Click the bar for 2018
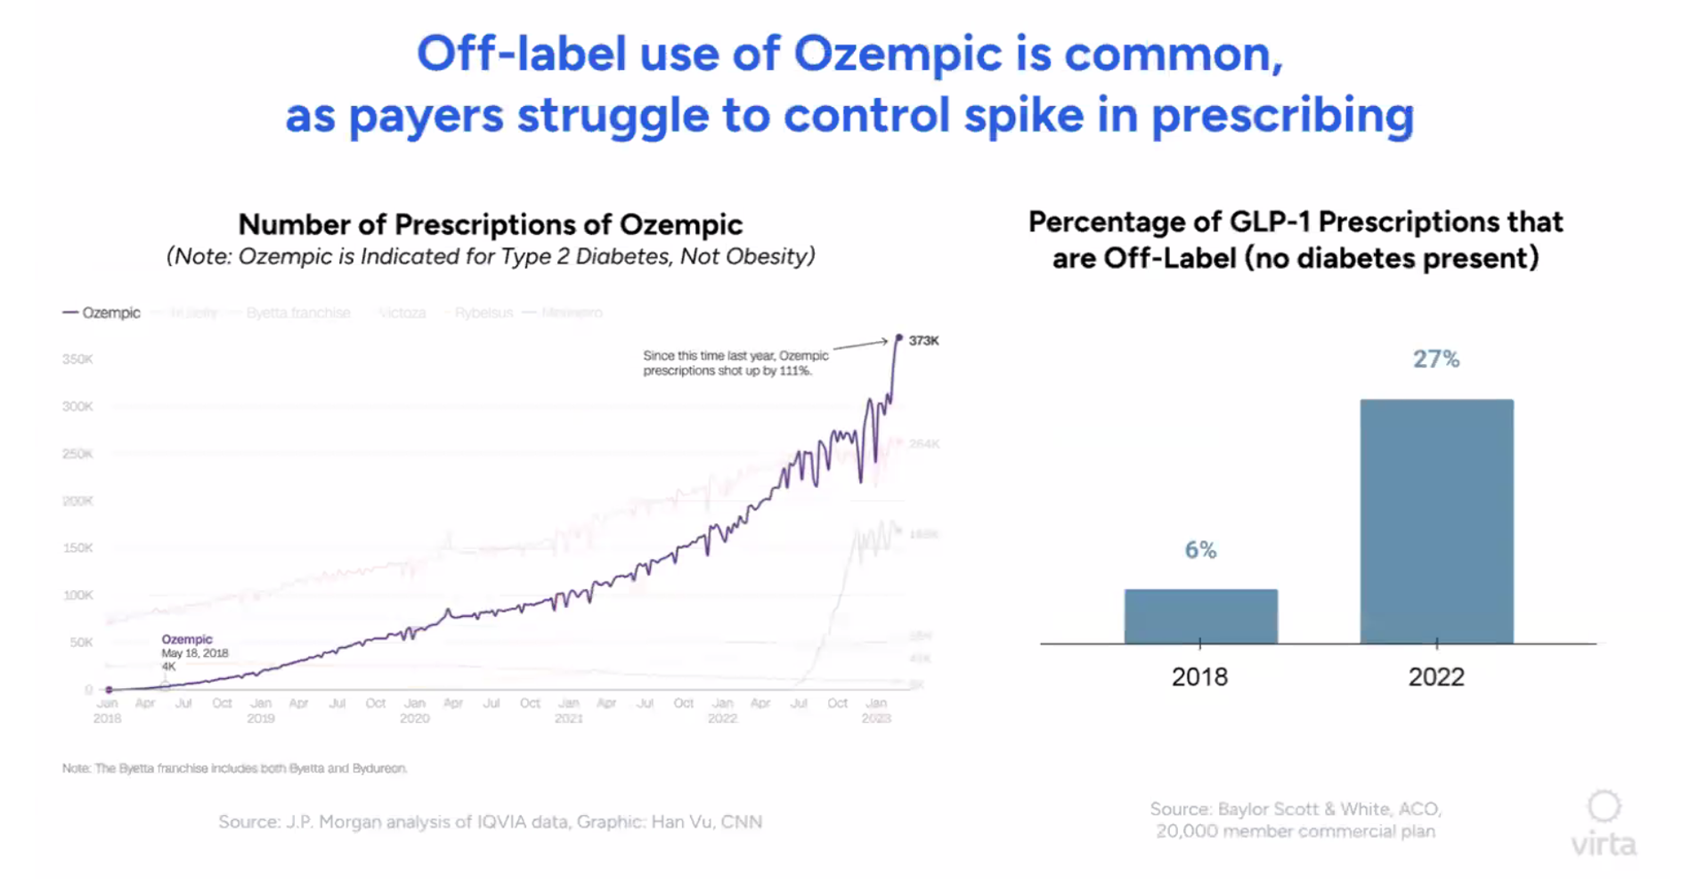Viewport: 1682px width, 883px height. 1200,616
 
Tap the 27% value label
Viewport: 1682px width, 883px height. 1435,360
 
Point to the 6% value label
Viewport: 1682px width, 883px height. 1200,550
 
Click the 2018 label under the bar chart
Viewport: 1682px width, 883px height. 1199,677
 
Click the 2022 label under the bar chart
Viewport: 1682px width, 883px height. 1435,677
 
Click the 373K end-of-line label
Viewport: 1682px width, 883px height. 923,341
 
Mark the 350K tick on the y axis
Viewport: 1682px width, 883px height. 77,360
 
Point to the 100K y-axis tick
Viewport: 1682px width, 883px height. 77,595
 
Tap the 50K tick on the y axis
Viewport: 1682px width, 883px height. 80,642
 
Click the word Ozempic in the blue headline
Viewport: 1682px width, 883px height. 898,54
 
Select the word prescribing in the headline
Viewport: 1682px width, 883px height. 1282,116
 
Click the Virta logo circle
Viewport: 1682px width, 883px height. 1604,806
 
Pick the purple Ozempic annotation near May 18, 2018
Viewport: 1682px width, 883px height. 187,639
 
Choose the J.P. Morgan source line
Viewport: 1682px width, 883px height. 490,822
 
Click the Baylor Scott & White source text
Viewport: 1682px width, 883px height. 1296,809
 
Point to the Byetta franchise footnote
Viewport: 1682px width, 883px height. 234,768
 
